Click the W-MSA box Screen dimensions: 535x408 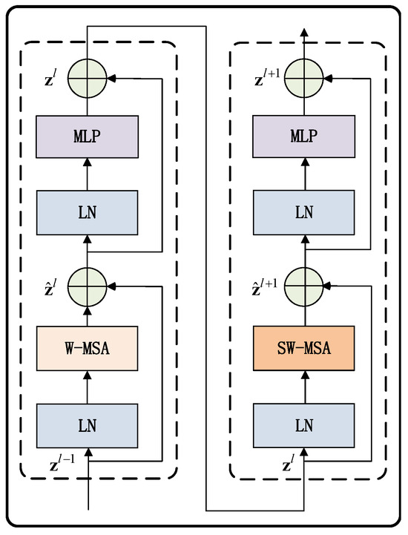coord(88,347)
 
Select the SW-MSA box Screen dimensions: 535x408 coord(303,347)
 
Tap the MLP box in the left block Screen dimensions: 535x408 coord(88,137)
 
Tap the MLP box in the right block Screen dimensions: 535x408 coord(303,137)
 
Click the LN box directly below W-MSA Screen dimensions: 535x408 coord(88,424)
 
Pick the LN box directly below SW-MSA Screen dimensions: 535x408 coord(303,424)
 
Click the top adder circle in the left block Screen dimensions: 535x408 coord(88,76)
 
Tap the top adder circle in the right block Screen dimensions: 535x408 coord(303,76)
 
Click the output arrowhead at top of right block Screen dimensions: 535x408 coord(303,33)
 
